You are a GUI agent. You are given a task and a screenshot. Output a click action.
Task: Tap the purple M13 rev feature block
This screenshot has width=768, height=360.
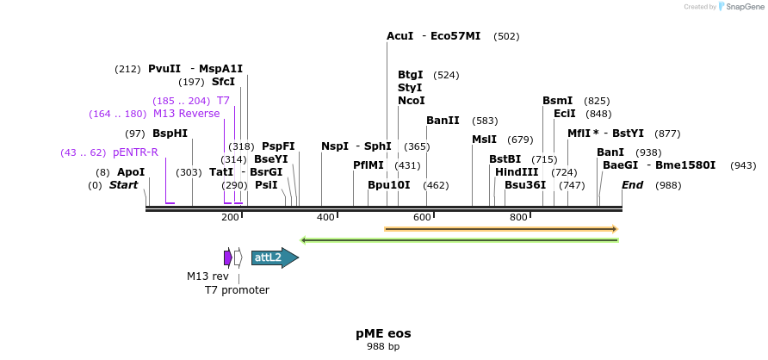pyautogui.click(x=227, y=258)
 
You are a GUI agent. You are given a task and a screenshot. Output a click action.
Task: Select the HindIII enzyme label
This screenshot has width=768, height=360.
pyautogui.click(x=517, y=172)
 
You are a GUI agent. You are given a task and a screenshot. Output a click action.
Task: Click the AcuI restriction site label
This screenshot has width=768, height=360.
pyautogui.click(x=400, y=36)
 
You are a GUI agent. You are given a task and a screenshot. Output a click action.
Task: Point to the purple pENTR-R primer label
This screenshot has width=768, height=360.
pyautogui.click(x=135, y=152)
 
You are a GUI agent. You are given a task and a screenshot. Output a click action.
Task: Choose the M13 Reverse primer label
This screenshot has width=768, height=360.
pyautogui.click(x=186, y=114)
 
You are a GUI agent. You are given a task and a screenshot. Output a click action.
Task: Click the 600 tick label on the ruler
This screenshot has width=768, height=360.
pyautogui.click(x=422, y=217)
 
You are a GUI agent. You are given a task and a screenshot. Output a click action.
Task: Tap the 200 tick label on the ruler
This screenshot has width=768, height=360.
pyautogui.click(x=230, y=217)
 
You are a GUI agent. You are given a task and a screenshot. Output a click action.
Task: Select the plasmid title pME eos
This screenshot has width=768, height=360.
pyautogui.click(x=383, y=333)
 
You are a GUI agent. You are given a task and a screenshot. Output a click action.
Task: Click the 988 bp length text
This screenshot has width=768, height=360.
pyautogui.click(x=383, y=346)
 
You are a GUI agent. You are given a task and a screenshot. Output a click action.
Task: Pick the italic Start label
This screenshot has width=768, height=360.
pyautogui.click(x=123, y=185)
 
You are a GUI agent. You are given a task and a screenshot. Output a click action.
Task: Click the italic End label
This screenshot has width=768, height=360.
pyautogui.click(x=633, y=185)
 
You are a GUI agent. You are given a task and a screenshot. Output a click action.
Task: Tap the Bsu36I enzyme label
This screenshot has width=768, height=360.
pyautogui.click(x=525, y=185)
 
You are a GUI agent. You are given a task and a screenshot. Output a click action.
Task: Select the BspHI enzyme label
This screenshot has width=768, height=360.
pyautogui.click(x=170, y=133)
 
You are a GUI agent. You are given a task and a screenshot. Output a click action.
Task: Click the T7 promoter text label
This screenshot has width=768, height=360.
pyautogui.click(x=237, y=290)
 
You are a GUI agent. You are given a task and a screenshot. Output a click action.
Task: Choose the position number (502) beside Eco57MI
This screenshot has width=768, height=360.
pyautogui.click(x=506, y=36)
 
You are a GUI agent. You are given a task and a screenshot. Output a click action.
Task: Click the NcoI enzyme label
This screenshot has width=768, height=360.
pyautogui.click(x=411, y=101)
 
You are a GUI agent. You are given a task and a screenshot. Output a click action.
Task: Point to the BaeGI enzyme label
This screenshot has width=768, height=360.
pyautogui.click(x=620, y=165)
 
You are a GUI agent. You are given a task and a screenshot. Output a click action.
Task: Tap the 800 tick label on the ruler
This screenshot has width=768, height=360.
pyautogui.click(x=518, y=217)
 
